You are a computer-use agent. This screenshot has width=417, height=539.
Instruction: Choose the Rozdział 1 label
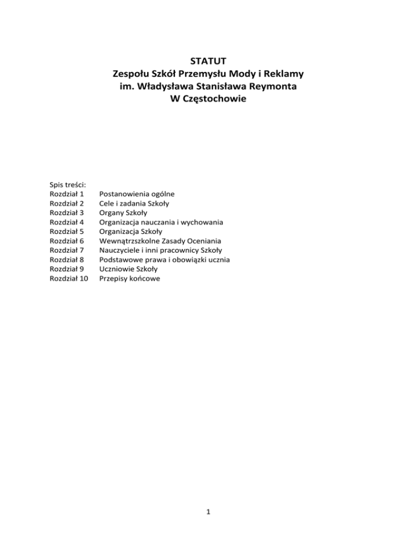[x=66, y=194]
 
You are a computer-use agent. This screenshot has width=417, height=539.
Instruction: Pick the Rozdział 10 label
[x=68, y=279]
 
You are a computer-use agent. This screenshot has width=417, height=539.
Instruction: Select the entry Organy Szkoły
[x=123, y=213]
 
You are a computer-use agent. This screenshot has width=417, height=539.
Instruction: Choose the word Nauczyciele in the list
[x=120, y=251]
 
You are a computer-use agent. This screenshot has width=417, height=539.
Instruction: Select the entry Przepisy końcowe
[x=129, y=279]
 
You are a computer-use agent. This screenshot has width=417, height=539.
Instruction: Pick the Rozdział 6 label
[x=66, y=241]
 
